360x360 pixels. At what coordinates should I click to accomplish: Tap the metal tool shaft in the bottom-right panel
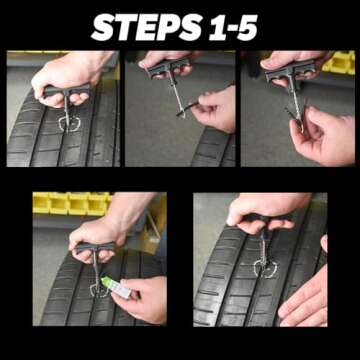pos(263,245)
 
